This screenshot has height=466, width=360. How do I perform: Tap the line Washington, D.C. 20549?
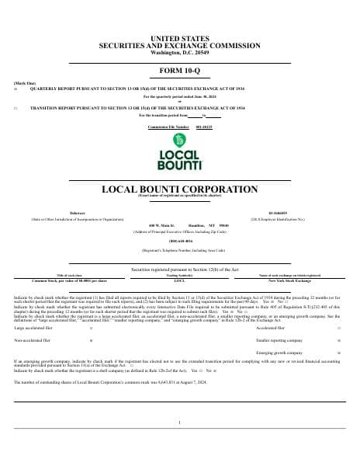pyautogui.click(x=179, y=51)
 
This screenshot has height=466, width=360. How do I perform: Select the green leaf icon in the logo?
pyautogui.click(x=179, y=140)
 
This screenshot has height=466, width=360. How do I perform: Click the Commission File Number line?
pyautogui.click(x=179, y=126)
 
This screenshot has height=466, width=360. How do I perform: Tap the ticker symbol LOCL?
pyautogui.click(x=179, y=258)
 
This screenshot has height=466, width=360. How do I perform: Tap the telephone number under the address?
pyautogui.click(x=179, y=241)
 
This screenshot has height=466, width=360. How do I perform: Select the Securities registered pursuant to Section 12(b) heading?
pyautogui.click(x=179, y=247)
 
